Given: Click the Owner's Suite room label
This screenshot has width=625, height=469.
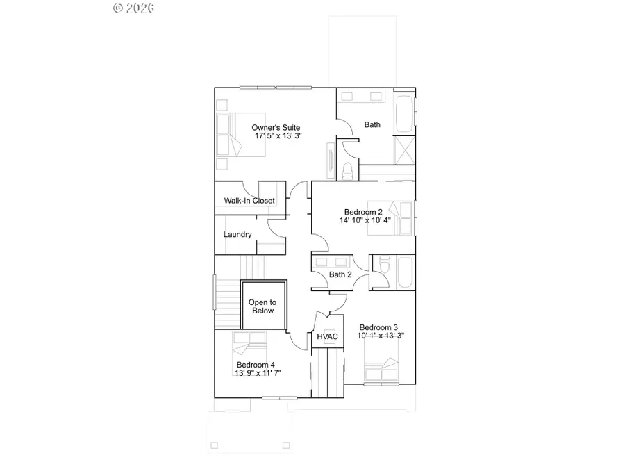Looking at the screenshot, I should pyautogui.click(x=276, y=127).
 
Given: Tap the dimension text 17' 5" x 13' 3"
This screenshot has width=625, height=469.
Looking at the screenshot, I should pyautogui.click(x=278, y=136).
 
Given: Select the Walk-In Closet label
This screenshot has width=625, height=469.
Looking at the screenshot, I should pyautogui.click(x=249, y=201).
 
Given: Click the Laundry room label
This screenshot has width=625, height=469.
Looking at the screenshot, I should pyautogui.click(x=237, y=235).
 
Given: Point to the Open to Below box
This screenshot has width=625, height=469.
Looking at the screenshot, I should pyautogui.click(x=262, y=306).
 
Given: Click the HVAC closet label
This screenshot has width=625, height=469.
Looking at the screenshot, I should pyautogui.click(x=328, y=337).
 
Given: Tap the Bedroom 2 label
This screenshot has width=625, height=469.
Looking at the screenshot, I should pyautogui.click(x=364, y=211).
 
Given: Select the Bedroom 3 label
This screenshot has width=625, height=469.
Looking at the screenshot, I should pyautogui.click(x=378, y=327).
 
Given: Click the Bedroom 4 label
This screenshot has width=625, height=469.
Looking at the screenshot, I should pyautogui.click(x=256, y=365).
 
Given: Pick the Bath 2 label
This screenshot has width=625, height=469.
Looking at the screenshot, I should pyautogui.click(x=340, y=274).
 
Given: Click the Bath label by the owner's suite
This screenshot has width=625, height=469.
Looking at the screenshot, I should pyautogui.click(x=373, y=125).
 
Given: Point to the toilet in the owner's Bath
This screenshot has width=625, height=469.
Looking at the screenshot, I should pyautogui.click(x=348, y=170).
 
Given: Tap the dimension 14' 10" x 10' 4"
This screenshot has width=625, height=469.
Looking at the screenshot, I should pyautogui.click(x=365, y=220).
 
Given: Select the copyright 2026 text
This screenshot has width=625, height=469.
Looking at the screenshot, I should pyautogui.click(x=133, y=8).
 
